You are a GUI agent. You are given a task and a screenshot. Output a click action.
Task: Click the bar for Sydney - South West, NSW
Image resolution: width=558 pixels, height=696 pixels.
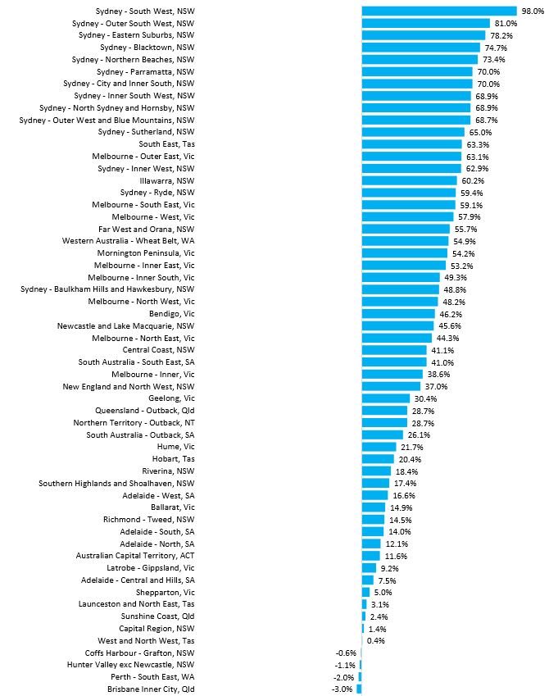tap(439, 11)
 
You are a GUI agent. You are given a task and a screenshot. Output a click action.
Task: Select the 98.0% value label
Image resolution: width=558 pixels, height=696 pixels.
tap(533, 11)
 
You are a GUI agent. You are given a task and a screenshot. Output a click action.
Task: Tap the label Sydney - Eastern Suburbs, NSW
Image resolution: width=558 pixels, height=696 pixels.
tap(137, 35)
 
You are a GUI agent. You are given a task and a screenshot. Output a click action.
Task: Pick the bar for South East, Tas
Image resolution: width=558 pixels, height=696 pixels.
tap(412, 144)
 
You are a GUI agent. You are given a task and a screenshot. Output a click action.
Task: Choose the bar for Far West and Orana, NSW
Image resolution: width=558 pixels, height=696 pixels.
tap(406, 229)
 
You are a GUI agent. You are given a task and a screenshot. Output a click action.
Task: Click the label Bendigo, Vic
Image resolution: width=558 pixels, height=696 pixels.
tap(172, 314)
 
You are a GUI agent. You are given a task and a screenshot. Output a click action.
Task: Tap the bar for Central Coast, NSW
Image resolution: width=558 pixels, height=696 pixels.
tap(394, 350)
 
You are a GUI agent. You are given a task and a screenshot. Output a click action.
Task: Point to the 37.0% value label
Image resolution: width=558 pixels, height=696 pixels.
tap(436, 386)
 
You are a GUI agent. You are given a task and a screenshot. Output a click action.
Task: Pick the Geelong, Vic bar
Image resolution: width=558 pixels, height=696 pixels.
tap(386, 398)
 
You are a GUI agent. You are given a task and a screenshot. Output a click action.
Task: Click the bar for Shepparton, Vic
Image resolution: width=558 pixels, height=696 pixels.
tap(365, 592)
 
